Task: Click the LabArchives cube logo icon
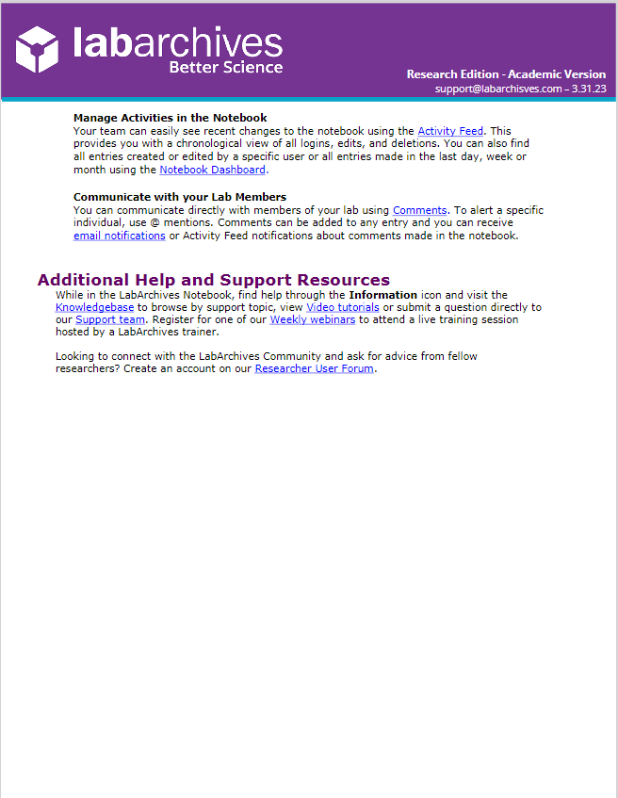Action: point(39,48)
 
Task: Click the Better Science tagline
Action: point(225,67)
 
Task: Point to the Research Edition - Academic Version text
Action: point(506,73)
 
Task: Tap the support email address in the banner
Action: point(498,89)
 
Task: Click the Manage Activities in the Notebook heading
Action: point(170,118)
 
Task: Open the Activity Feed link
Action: point(450,131)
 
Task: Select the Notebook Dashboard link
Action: point(213,170)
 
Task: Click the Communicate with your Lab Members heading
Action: point(180,197)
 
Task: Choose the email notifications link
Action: point(120,236)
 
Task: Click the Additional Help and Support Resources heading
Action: point(213,280)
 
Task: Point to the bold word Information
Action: point(382,295)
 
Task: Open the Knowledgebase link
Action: point(95,307)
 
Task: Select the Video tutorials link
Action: point(343,307)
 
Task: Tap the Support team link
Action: point(110,319)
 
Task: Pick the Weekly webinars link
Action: point(313,319)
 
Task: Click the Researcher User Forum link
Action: point(315,368)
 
